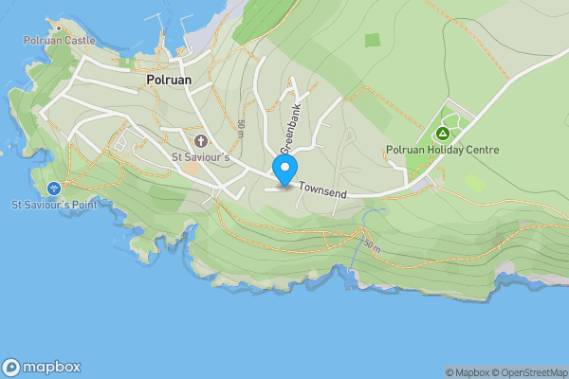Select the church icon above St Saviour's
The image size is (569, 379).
pos(201,141)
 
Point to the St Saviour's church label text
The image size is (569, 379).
pos(200,156)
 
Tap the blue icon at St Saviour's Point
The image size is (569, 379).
pos(54,188)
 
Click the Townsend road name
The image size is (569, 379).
pos(322,191)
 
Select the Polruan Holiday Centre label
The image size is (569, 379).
pos(443,150)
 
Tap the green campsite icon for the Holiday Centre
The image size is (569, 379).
pos(442,134)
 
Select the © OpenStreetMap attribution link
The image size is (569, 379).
pos(528,372)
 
